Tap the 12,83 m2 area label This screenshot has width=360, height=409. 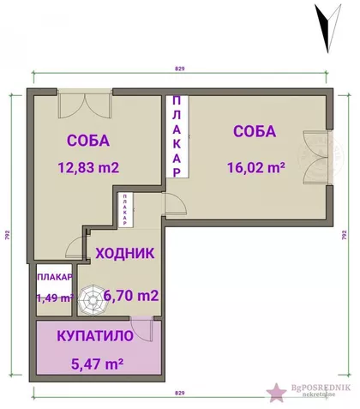[87, 167]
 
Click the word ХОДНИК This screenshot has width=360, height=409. [125, 253]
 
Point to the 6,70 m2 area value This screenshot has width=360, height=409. [131, 296]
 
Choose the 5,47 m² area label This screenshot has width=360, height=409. [97, 363]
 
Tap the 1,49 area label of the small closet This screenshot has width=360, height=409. [54, 298]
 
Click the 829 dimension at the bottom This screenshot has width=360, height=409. [179, 393]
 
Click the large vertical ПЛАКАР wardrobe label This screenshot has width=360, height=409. [177, 136]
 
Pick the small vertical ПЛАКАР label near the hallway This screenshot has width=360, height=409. [125, 209]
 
